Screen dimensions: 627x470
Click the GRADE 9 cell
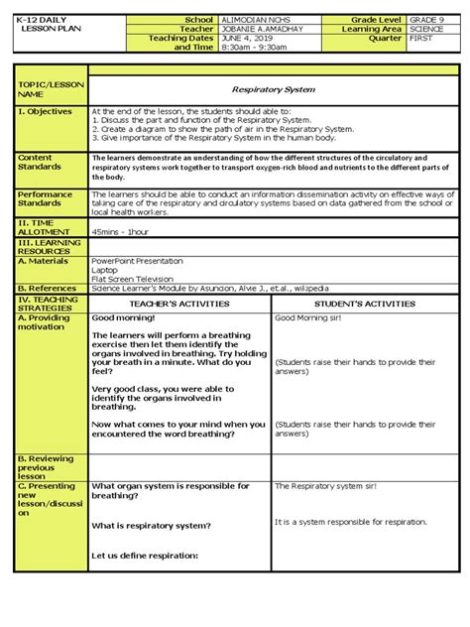coord(427,20)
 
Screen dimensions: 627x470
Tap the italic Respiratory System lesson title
coord(273,89)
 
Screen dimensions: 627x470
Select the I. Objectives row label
coord(46,112)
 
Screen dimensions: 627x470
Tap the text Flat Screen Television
coord(132,279)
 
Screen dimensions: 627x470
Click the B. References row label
coord(47,289)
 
